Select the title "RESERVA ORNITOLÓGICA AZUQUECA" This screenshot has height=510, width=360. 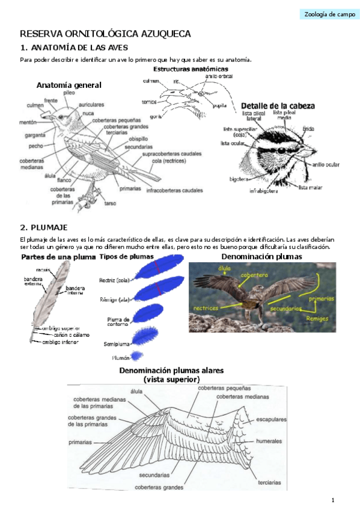point(106,34)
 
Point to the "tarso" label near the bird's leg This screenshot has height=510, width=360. point(110,203)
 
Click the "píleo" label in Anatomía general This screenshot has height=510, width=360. point(69,93)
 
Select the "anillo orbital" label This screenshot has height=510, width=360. point(219,76)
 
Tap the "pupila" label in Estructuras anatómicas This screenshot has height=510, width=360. point(219,105)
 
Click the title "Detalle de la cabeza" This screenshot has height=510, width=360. point(277,106)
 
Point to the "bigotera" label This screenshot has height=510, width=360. point(239,179)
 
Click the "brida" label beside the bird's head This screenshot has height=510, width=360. point(308,129)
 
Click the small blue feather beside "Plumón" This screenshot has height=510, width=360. point(137,355)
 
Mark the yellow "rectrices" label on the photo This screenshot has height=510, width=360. point(206,308)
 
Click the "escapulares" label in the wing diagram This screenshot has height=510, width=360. point(271,419)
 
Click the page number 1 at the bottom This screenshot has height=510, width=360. point(332,500)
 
